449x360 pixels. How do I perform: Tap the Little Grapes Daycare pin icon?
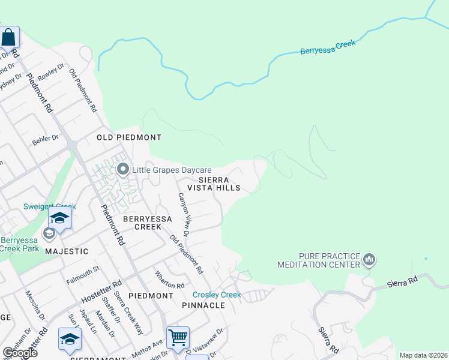[123, 170]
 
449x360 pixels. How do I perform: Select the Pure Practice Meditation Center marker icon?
[369, 260]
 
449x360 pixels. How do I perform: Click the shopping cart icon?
[178, 338]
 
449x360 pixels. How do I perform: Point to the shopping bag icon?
[10, 37]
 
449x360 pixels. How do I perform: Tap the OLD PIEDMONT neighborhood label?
[129, 137]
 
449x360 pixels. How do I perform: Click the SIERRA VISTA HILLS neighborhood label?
[214, 184]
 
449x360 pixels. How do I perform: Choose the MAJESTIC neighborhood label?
[67, 251]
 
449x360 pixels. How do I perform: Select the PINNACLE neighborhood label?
[203, 305]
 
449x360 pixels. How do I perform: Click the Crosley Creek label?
[217, 295]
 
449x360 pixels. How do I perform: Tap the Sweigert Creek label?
[49, 206]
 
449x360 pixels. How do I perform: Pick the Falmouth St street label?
[83, 272]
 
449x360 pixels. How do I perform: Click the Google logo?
[19, 353]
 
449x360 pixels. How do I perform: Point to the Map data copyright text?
[423, 355]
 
